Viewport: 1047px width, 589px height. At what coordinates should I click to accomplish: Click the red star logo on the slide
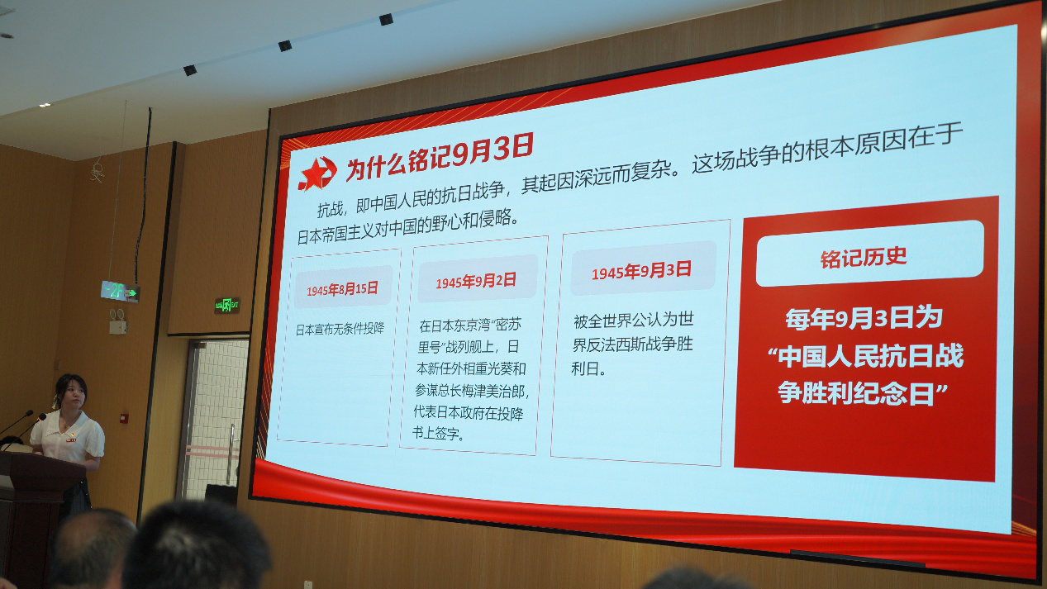pos(317,173)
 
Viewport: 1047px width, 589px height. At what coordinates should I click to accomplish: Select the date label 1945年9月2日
pos(476,281)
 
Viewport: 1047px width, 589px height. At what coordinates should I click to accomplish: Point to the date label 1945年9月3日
pos(641,270)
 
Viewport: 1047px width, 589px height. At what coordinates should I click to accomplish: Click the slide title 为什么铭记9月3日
pos(440,157)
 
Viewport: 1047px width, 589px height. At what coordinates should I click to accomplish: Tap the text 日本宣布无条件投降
pos(340,329)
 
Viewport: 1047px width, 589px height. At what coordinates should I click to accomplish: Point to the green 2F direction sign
pos(120,292)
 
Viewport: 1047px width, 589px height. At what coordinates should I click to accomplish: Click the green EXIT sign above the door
pos(227,305)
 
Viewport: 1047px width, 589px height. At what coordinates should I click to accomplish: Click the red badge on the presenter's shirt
pos(70,440)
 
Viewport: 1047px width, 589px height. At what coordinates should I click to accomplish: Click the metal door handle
pos(231,454)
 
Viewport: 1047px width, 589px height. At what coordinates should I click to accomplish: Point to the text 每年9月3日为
pos(864,318)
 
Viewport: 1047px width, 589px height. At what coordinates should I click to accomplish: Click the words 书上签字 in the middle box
pos(435,434)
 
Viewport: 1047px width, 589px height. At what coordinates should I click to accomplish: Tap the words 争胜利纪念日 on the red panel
pos(855,393)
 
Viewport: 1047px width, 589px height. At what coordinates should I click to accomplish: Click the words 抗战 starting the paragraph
pos(330,210)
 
